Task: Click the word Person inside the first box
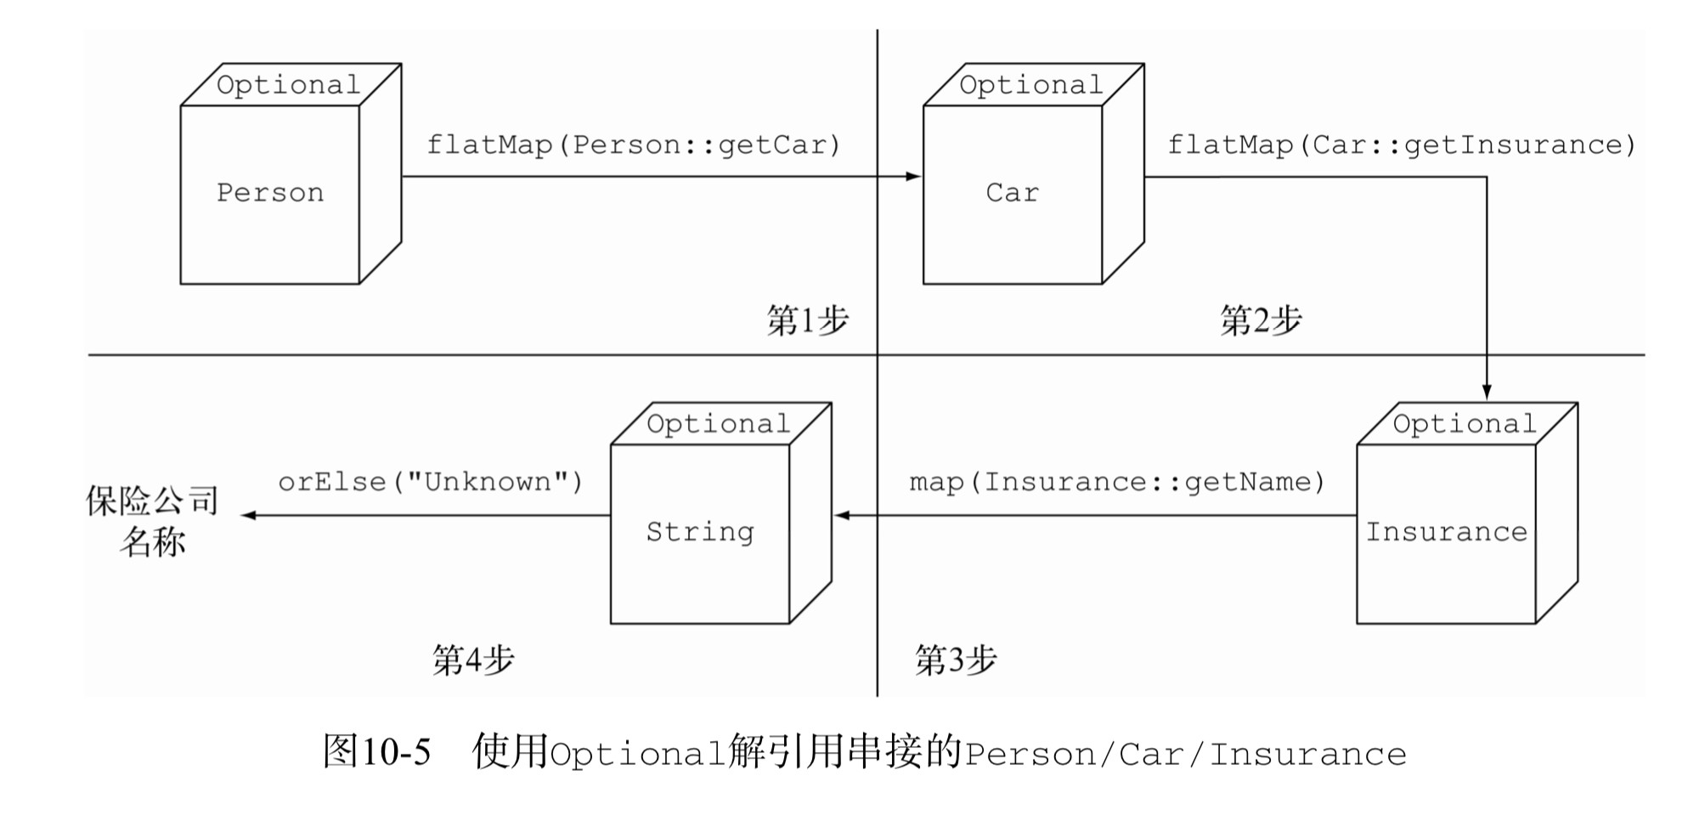coord(270,193)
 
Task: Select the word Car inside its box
coord(1012,193)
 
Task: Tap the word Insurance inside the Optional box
coord(1446,532)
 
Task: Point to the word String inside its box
coord(700,532)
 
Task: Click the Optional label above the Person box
coord(288,85)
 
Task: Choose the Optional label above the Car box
coord(1030,85)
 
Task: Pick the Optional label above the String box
coord(718,424)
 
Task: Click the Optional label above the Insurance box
coord(1465,424)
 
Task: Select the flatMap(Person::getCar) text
coord(634,145)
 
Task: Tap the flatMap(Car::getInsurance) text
coord(1402,145)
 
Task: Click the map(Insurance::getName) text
coord(1117,483)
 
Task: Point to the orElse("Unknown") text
coord(431,483)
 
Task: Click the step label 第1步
coord(807,321)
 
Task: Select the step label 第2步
coord(1261,321)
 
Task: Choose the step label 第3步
coord(955,660)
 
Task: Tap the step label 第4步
coord(473,660)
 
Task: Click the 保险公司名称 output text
coord(153,520)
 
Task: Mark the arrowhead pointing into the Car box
coord(914,177)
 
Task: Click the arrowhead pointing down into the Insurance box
coord(1487,392)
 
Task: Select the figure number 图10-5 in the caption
coord(377,752)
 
